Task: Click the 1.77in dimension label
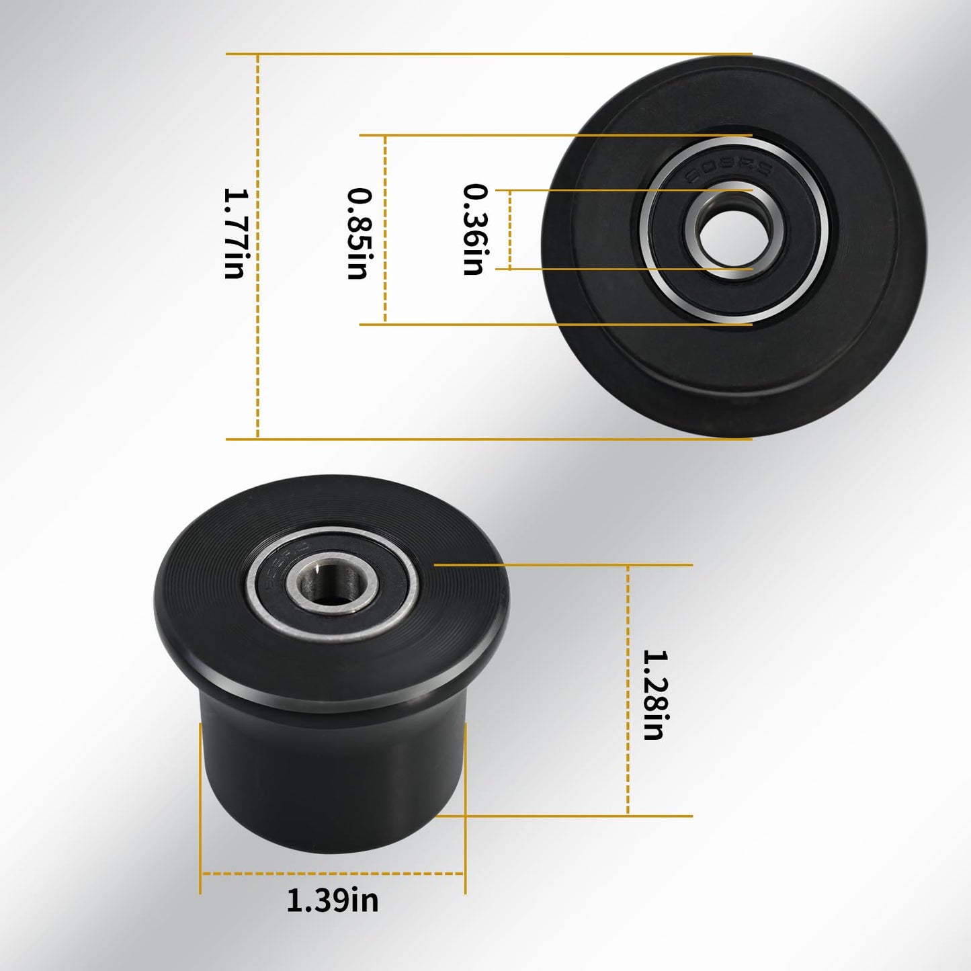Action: click(236, 233)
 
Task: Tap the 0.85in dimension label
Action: click(359, 233)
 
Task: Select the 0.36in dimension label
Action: click(475, 230)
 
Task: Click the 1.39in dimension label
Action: click(333, 900)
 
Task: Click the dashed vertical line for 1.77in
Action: click(258, 336)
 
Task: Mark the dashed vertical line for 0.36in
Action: click(510, 230)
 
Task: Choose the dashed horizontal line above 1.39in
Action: click(333, 874)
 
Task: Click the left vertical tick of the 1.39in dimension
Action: click(200, 806)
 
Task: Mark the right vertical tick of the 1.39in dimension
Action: click(465, 806)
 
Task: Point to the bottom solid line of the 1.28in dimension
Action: click(571, 816)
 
